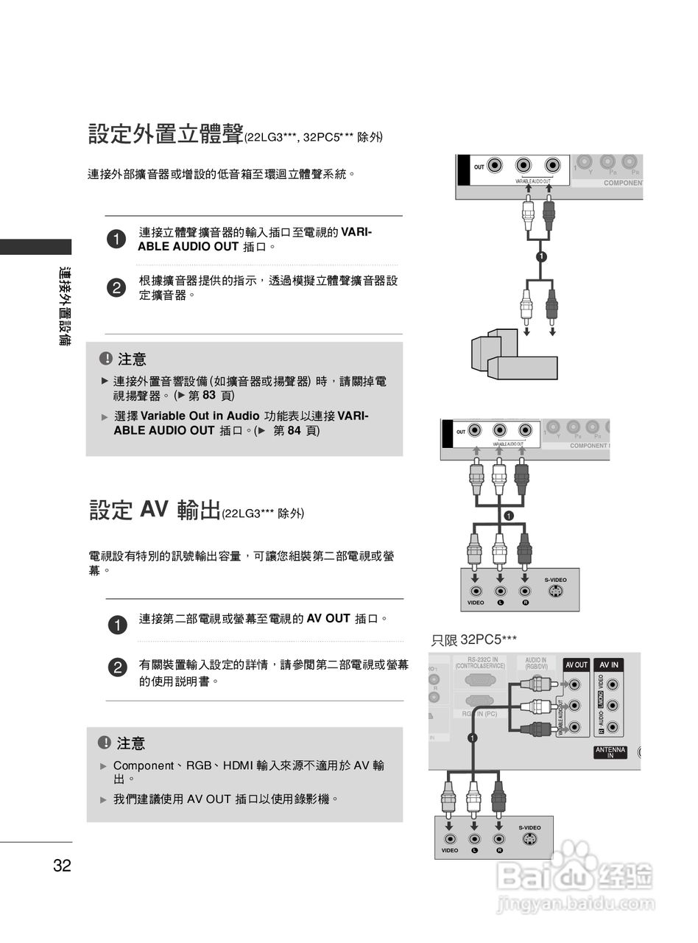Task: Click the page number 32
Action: [x=62, y=866]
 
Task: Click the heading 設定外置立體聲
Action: [x=166, y=135]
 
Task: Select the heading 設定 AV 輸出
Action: [x=155, y=510]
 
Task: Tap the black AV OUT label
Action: [x=576, y=665]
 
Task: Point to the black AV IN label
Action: [x=610, y=665]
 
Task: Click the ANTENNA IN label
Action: [x=610, y=752]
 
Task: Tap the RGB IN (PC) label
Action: [x=479, y=714]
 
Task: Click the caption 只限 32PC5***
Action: [x=473, y=640]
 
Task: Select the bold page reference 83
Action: [x=208, y=396]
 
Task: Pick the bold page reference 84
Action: [x=294, y=430]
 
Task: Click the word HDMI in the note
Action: [x=238, y=766]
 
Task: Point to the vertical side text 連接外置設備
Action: [x=65, y=306]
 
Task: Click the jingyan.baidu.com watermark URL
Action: [x=576, y=904]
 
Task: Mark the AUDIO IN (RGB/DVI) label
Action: [x=536, y=663]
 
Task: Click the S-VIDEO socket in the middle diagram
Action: [x=556, y=592]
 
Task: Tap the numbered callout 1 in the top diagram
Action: [x=541, y=256]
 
